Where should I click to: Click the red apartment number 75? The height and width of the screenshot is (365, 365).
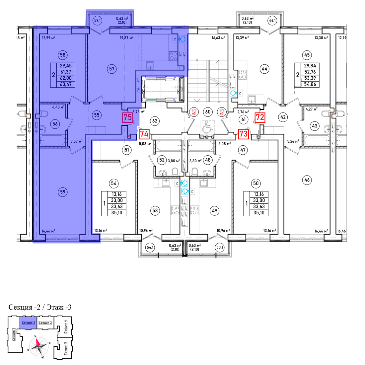tap(127, 117)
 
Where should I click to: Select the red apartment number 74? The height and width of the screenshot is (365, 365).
tap(144, 134)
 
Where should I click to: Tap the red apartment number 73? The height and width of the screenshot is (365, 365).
tap(244, 134)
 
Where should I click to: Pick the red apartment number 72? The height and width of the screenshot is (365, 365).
tap(260, 117)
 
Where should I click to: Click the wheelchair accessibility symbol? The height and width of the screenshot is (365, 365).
tap(207, 127)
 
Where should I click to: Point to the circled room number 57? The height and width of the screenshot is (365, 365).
tap(112, 69)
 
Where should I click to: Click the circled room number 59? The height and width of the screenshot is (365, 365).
tap(63, 192)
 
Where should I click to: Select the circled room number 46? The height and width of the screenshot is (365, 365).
tap(307, 180)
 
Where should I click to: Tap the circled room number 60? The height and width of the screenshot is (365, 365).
tap(208, 112)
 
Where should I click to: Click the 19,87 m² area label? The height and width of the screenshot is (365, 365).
tap(126, 38)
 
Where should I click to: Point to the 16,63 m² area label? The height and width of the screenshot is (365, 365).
tap(218, 38)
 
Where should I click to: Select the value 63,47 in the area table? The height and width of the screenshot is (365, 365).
tap(66, 84)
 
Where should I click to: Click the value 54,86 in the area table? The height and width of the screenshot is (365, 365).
tap(310, 84)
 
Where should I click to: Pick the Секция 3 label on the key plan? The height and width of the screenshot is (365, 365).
tap(45, 323)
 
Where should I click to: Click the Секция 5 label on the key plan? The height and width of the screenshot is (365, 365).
tap(65, 348)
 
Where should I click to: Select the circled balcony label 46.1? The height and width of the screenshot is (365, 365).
tap(272, 21)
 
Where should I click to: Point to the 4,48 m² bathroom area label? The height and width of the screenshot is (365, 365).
tap(58, 107)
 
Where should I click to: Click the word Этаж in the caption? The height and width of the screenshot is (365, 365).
tap(55, 307)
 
